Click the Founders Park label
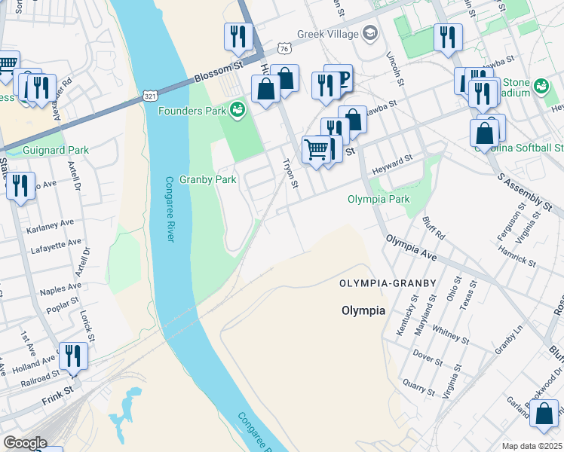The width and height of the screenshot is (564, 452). [192, 111]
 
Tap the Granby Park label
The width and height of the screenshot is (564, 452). [208, 180]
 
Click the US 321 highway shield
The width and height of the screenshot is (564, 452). [151, 96]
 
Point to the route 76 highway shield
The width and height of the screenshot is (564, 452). [284, 48]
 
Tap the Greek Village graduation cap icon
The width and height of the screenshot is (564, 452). [369, 33]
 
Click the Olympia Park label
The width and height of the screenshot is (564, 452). [379, 200]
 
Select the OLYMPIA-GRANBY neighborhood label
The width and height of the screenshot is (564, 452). [388, 283]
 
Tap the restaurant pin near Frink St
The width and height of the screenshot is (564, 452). [73, 356]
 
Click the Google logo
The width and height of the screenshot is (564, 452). [25, 443]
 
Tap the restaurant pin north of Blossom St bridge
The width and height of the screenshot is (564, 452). [237, 38]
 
